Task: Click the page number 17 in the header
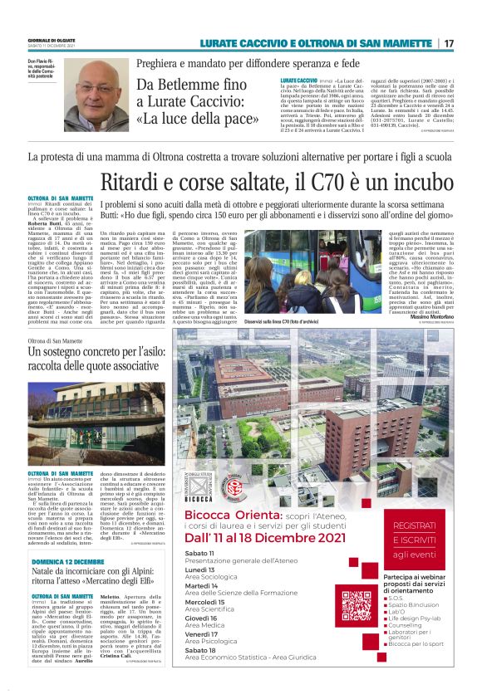(449, 43)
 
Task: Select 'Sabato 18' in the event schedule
(199, 673)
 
